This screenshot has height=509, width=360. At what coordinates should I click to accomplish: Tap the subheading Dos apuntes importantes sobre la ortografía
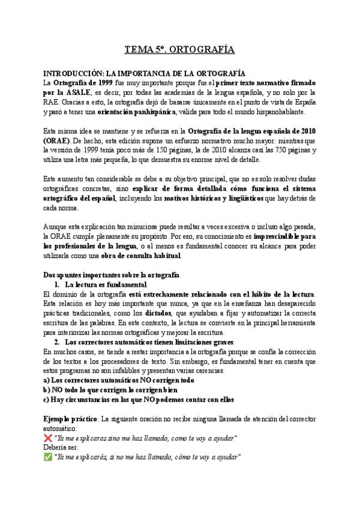103,275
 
